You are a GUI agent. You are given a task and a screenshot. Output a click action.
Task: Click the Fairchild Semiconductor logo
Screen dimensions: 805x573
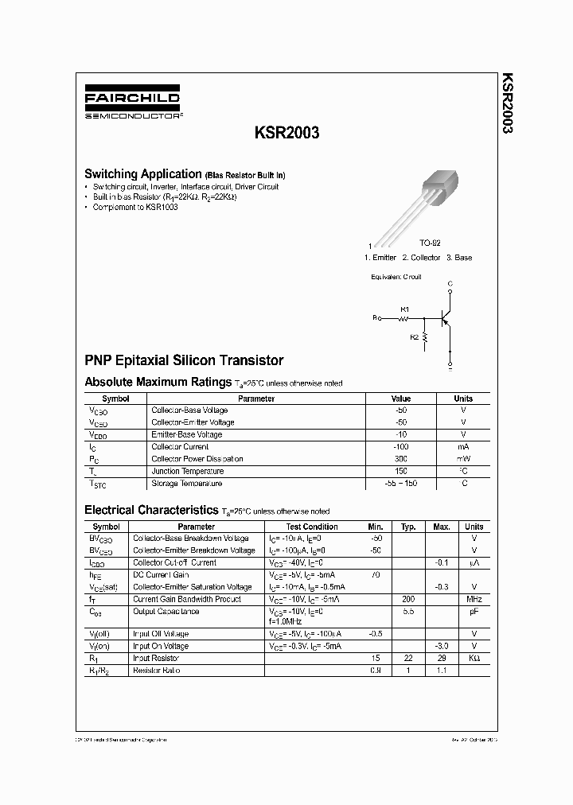pyautogui.click(x=132, y=104)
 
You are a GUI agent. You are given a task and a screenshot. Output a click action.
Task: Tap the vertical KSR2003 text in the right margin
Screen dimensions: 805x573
pyautogui.click(x=506, y=103)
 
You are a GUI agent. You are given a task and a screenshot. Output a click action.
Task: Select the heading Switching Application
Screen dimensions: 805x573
pyautogui.click(x=142, y=173)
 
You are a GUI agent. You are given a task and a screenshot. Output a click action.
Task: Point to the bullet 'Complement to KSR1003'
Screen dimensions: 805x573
pyautogui.click(x=134, y=207)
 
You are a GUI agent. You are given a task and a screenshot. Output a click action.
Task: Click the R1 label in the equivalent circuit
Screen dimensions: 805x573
pyautogui.click(x=404, y=309)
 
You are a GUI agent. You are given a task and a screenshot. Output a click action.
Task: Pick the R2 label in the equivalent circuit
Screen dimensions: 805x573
pyautogui.click(x=414, y=337)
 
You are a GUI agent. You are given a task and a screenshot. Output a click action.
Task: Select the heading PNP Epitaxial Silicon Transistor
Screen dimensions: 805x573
pyautogui.click(x=184, y=360)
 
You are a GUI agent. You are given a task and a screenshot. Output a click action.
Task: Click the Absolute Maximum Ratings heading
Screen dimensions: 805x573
pyautogui.click(x=158, y=382)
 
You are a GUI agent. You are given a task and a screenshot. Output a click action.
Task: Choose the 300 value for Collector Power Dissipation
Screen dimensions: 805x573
pyautogui.click(x=401, y=459)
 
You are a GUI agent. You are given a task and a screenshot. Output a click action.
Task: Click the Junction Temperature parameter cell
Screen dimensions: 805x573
pyautogui.click(x=186, y=471)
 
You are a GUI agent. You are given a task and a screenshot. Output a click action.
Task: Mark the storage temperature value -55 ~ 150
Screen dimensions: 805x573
pyautogui.click(x=401, y=484)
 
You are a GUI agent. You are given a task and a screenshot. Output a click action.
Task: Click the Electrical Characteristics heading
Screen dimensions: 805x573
pyautogui.click(x=151, y=509)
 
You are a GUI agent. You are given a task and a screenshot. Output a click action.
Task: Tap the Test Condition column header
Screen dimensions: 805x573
pyautogui.click(x=312, y=527)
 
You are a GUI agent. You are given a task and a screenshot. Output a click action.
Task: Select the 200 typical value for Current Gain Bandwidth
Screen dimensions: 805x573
pyautogui.click(x=409, y=599)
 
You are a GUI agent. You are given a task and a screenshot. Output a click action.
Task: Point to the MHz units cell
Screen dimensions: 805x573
pyautogui.click(x=474, y=599)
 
